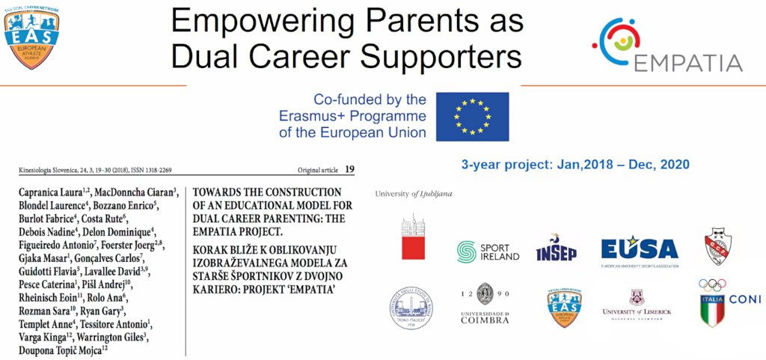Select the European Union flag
point(472,116)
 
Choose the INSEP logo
point(556,249)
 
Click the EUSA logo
point(639,250)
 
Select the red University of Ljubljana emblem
point(413,239)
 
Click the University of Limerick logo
point(637,305)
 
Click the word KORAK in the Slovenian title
point(212,246)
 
